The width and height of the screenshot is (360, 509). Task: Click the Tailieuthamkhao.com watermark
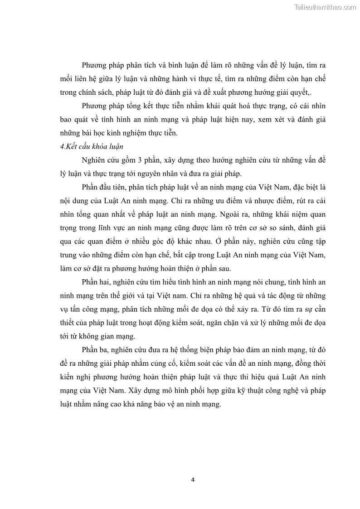(325, 7)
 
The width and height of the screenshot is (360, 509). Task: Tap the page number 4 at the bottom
(193, 480)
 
